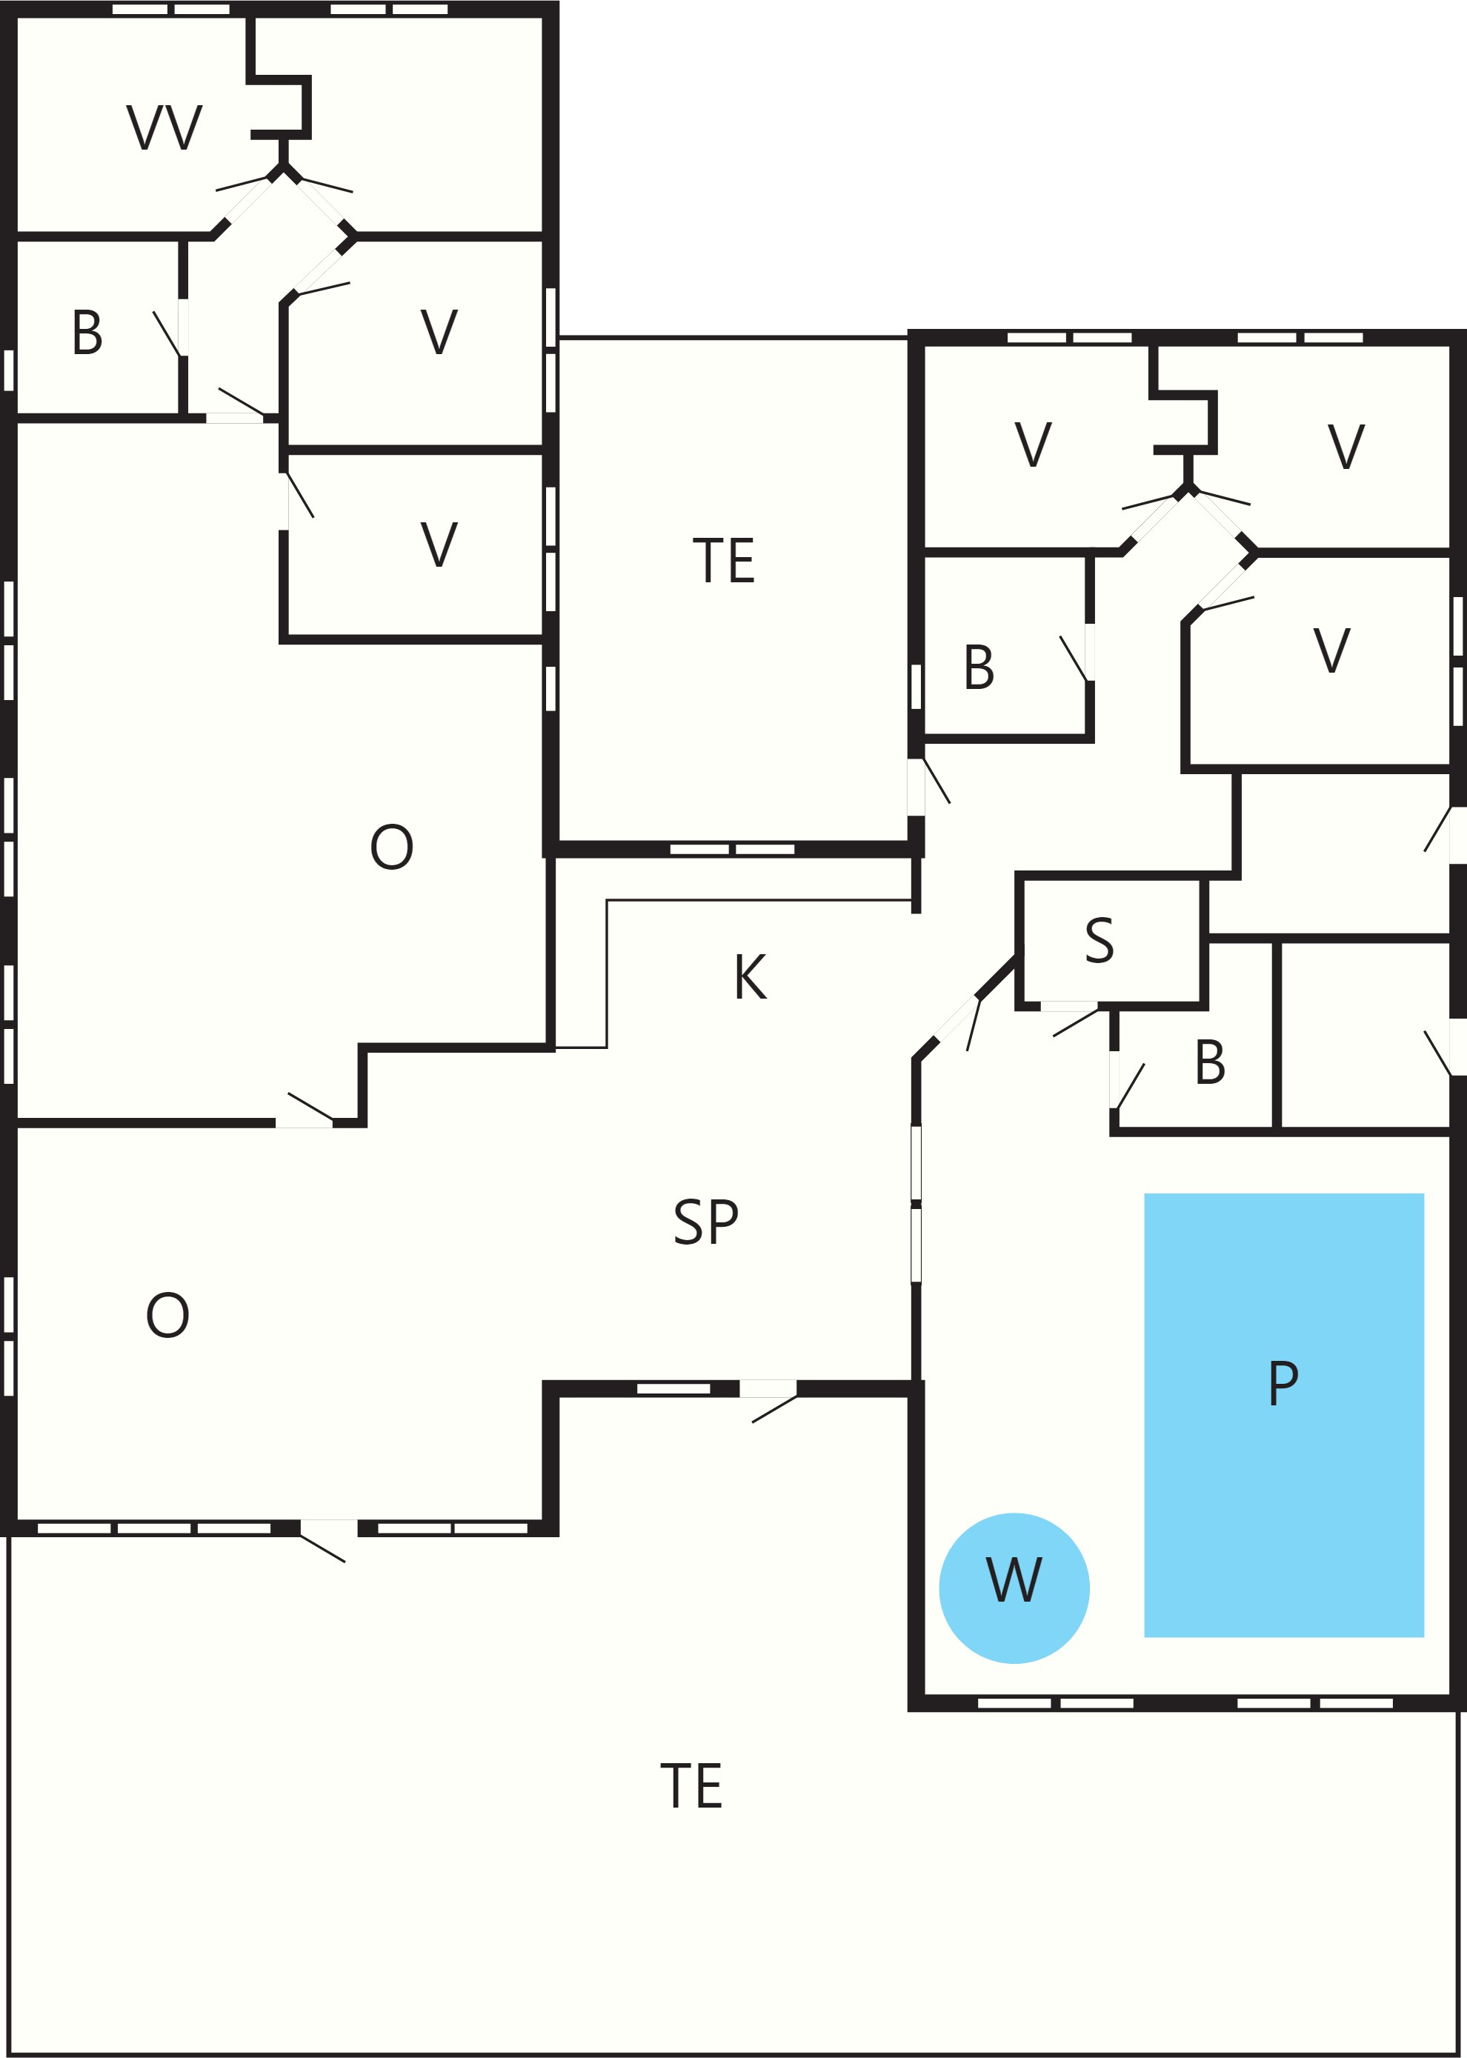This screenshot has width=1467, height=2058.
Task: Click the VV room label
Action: point(164,127)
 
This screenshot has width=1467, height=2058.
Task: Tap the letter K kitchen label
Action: point(750,976)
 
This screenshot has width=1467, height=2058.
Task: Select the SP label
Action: point(705,1222)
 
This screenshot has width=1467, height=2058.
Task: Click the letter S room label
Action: point(1100,940)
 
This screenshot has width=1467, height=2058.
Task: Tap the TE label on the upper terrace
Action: point(724,561)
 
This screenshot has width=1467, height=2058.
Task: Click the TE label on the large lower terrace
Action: point(691,1786)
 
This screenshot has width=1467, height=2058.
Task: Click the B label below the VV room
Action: point(87,333)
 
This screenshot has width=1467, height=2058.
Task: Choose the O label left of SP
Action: point(168,1315)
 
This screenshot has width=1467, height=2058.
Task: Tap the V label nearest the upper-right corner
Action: point(1346,446)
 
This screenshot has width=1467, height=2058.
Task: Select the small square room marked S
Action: point(1112,941)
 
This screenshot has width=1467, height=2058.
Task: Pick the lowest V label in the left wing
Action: point(439,545)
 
